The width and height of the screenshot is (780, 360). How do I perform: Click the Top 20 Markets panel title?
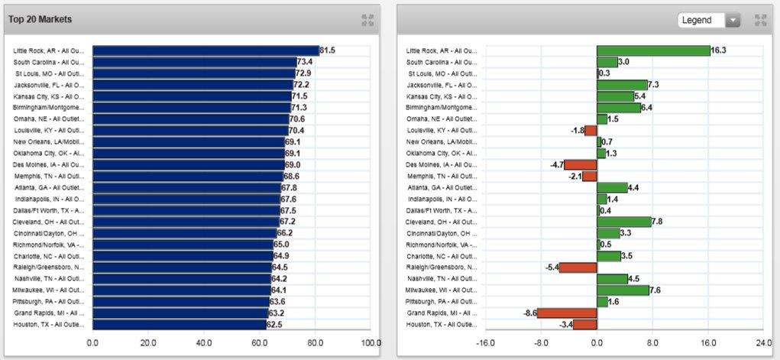40,19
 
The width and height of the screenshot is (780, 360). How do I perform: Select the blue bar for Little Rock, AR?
205,50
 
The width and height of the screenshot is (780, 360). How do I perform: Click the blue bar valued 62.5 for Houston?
179,325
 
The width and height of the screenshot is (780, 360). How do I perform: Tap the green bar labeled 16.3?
653,50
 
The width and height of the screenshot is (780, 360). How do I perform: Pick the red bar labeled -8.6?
567,313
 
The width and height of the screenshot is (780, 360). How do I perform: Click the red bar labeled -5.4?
578,268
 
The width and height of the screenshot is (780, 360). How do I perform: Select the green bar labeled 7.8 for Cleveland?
624,222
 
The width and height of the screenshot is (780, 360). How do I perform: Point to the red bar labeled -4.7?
580,164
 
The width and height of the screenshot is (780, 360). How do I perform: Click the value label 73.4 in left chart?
305,62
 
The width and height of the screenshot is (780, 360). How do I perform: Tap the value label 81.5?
327,50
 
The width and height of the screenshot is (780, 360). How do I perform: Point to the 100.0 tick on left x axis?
371,343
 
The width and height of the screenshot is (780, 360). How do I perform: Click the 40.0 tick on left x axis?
204,343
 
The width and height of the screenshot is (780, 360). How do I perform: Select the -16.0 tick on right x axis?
486,343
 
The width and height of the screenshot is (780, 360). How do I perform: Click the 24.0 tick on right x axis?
764,343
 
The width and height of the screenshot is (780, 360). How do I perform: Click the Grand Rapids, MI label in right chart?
442,313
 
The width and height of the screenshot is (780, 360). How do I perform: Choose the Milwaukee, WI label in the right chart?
442,290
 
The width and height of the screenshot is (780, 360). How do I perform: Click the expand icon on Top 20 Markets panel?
367,20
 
